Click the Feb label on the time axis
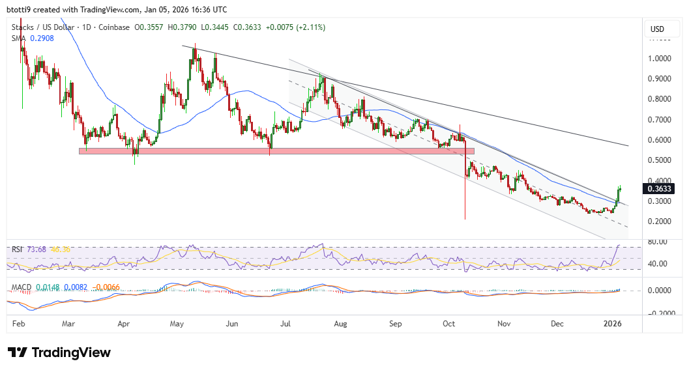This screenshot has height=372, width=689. click(20, 323)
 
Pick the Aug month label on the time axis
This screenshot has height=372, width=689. click(340, 323)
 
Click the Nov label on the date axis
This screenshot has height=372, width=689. click(503, 323)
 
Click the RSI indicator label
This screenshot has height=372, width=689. click(18, 248)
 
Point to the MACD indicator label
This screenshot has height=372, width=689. click(22, 287)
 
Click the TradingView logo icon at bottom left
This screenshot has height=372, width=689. click(18, 352)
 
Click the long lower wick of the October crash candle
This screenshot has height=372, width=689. click(465, 195)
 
